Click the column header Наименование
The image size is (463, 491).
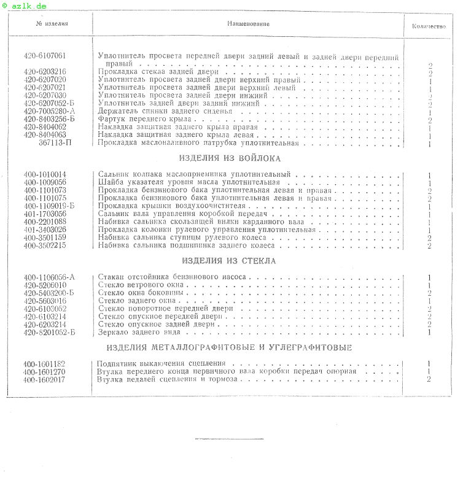click(247, 23)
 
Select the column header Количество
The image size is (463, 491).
click(428, 27)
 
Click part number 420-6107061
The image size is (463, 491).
click(45, 56)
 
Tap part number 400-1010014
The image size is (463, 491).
click(45, 175)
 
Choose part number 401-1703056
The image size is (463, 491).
click(45, 214)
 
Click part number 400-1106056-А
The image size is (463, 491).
click(49, 277)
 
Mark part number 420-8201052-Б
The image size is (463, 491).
click(49, 333)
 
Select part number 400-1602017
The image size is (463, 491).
click(44, 379)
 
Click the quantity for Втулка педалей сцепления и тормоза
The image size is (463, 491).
click(429, 379)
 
